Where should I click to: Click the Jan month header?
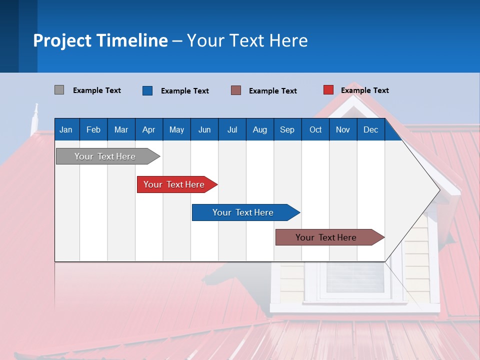[66, 129]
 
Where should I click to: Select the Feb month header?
[93, 129]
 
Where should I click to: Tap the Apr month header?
[148, 129]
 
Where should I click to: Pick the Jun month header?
[204, 129]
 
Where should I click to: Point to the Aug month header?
[260, 129]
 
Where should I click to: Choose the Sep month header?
[287, 129]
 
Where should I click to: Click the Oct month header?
[315, 129]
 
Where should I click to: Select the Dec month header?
[370, 129]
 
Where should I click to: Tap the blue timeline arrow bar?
[243, 212]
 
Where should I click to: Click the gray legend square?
[59, 90]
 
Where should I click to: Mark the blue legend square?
[147, 90]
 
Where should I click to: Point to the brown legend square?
[236, 90]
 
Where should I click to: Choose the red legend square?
[328, 90]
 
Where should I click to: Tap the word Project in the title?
[61, 40]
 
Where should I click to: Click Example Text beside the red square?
[364, 90]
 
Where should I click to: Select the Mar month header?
[121, 129]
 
